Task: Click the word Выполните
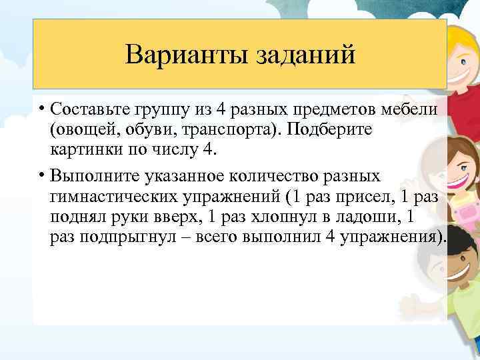pos(90,177)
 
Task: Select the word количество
pos(273,177)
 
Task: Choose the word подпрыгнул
pos(133,238)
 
